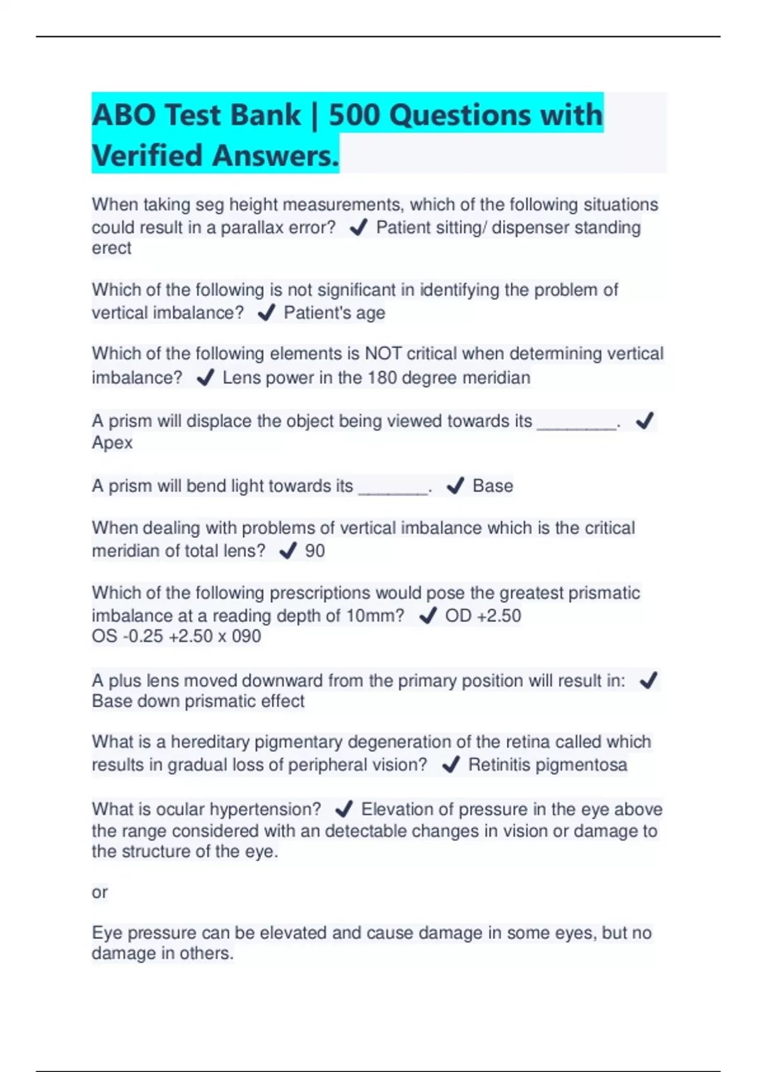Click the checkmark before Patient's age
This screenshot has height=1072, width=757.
[267, 312]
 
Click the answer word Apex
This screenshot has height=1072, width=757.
[112, 443]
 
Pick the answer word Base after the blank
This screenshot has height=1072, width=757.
[493, 486]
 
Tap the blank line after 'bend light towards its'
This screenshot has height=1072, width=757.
[392, 489]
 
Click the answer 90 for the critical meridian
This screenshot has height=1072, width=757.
[315, 551]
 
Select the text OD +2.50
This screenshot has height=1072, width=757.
[483, 615]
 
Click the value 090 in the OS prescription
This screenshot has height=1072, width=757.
[246, 636]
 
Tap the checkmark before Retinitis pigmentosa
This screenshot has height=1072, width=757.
[450, 765]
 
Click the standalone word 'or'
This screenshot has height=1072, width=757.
[100, 892]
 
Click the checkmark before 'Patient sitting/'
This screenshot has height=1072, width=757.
[358, 227]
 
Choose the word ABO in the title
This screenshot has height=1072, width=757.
[124, 115]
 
